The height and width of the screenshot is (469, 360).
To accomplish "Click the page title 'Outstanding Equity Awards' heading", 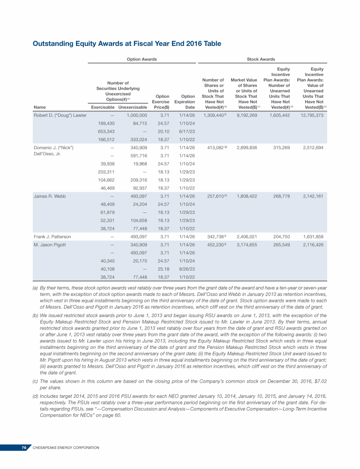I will (127, 44).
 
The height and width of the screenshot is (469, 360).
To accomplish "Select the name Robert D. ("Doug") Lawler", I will (60, 115).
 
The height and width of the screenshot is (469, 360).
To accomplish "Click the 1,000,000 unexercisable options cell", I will (137, 115).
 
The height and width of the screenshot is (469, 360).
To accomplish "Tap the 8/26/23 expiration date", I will (187, 269).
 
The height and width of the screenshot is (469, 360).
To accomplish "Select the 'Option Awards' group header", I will (142, 59).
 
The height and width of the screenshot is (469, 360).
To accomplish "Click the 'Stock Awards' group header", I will (261, 59).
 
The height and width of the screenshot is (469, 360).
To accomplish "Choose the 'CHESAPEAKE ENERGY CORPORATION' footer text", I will (66, 448).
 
